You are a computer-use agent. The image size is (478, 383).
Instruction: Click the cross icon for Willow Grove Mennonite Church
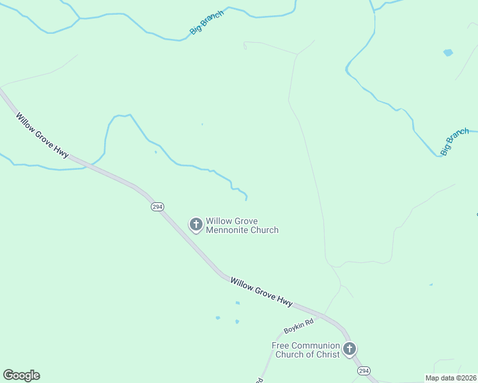(196, 224)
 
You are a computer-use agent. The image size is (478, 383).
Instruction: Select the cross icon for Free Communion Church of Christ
(349, 349)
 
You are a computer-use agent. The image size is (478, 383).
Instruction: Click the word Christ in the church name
(327, 354)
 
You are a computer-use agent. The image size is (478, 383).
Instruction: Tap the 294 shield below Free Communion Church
(364, 371)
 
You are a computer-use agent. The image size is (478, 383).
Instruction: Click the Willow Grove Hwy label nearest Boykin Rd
(261, 290)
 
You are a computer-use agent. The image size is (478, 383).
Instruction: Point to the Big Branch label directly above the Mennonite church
(207, 22)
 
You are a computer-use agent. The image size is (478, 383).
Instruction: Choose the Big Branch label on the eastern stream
(454, 142)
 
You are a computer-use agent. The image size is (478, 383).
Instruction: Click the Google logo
(22, 375)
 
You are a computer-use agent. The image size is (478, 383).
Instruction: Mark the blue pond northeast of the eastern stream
(448, 52)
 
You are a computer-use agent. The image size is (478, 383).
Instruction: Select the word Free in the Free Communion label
(281, 345)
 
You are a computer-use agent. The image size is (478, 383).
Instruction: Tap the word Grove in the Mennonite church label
(245, 222)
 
